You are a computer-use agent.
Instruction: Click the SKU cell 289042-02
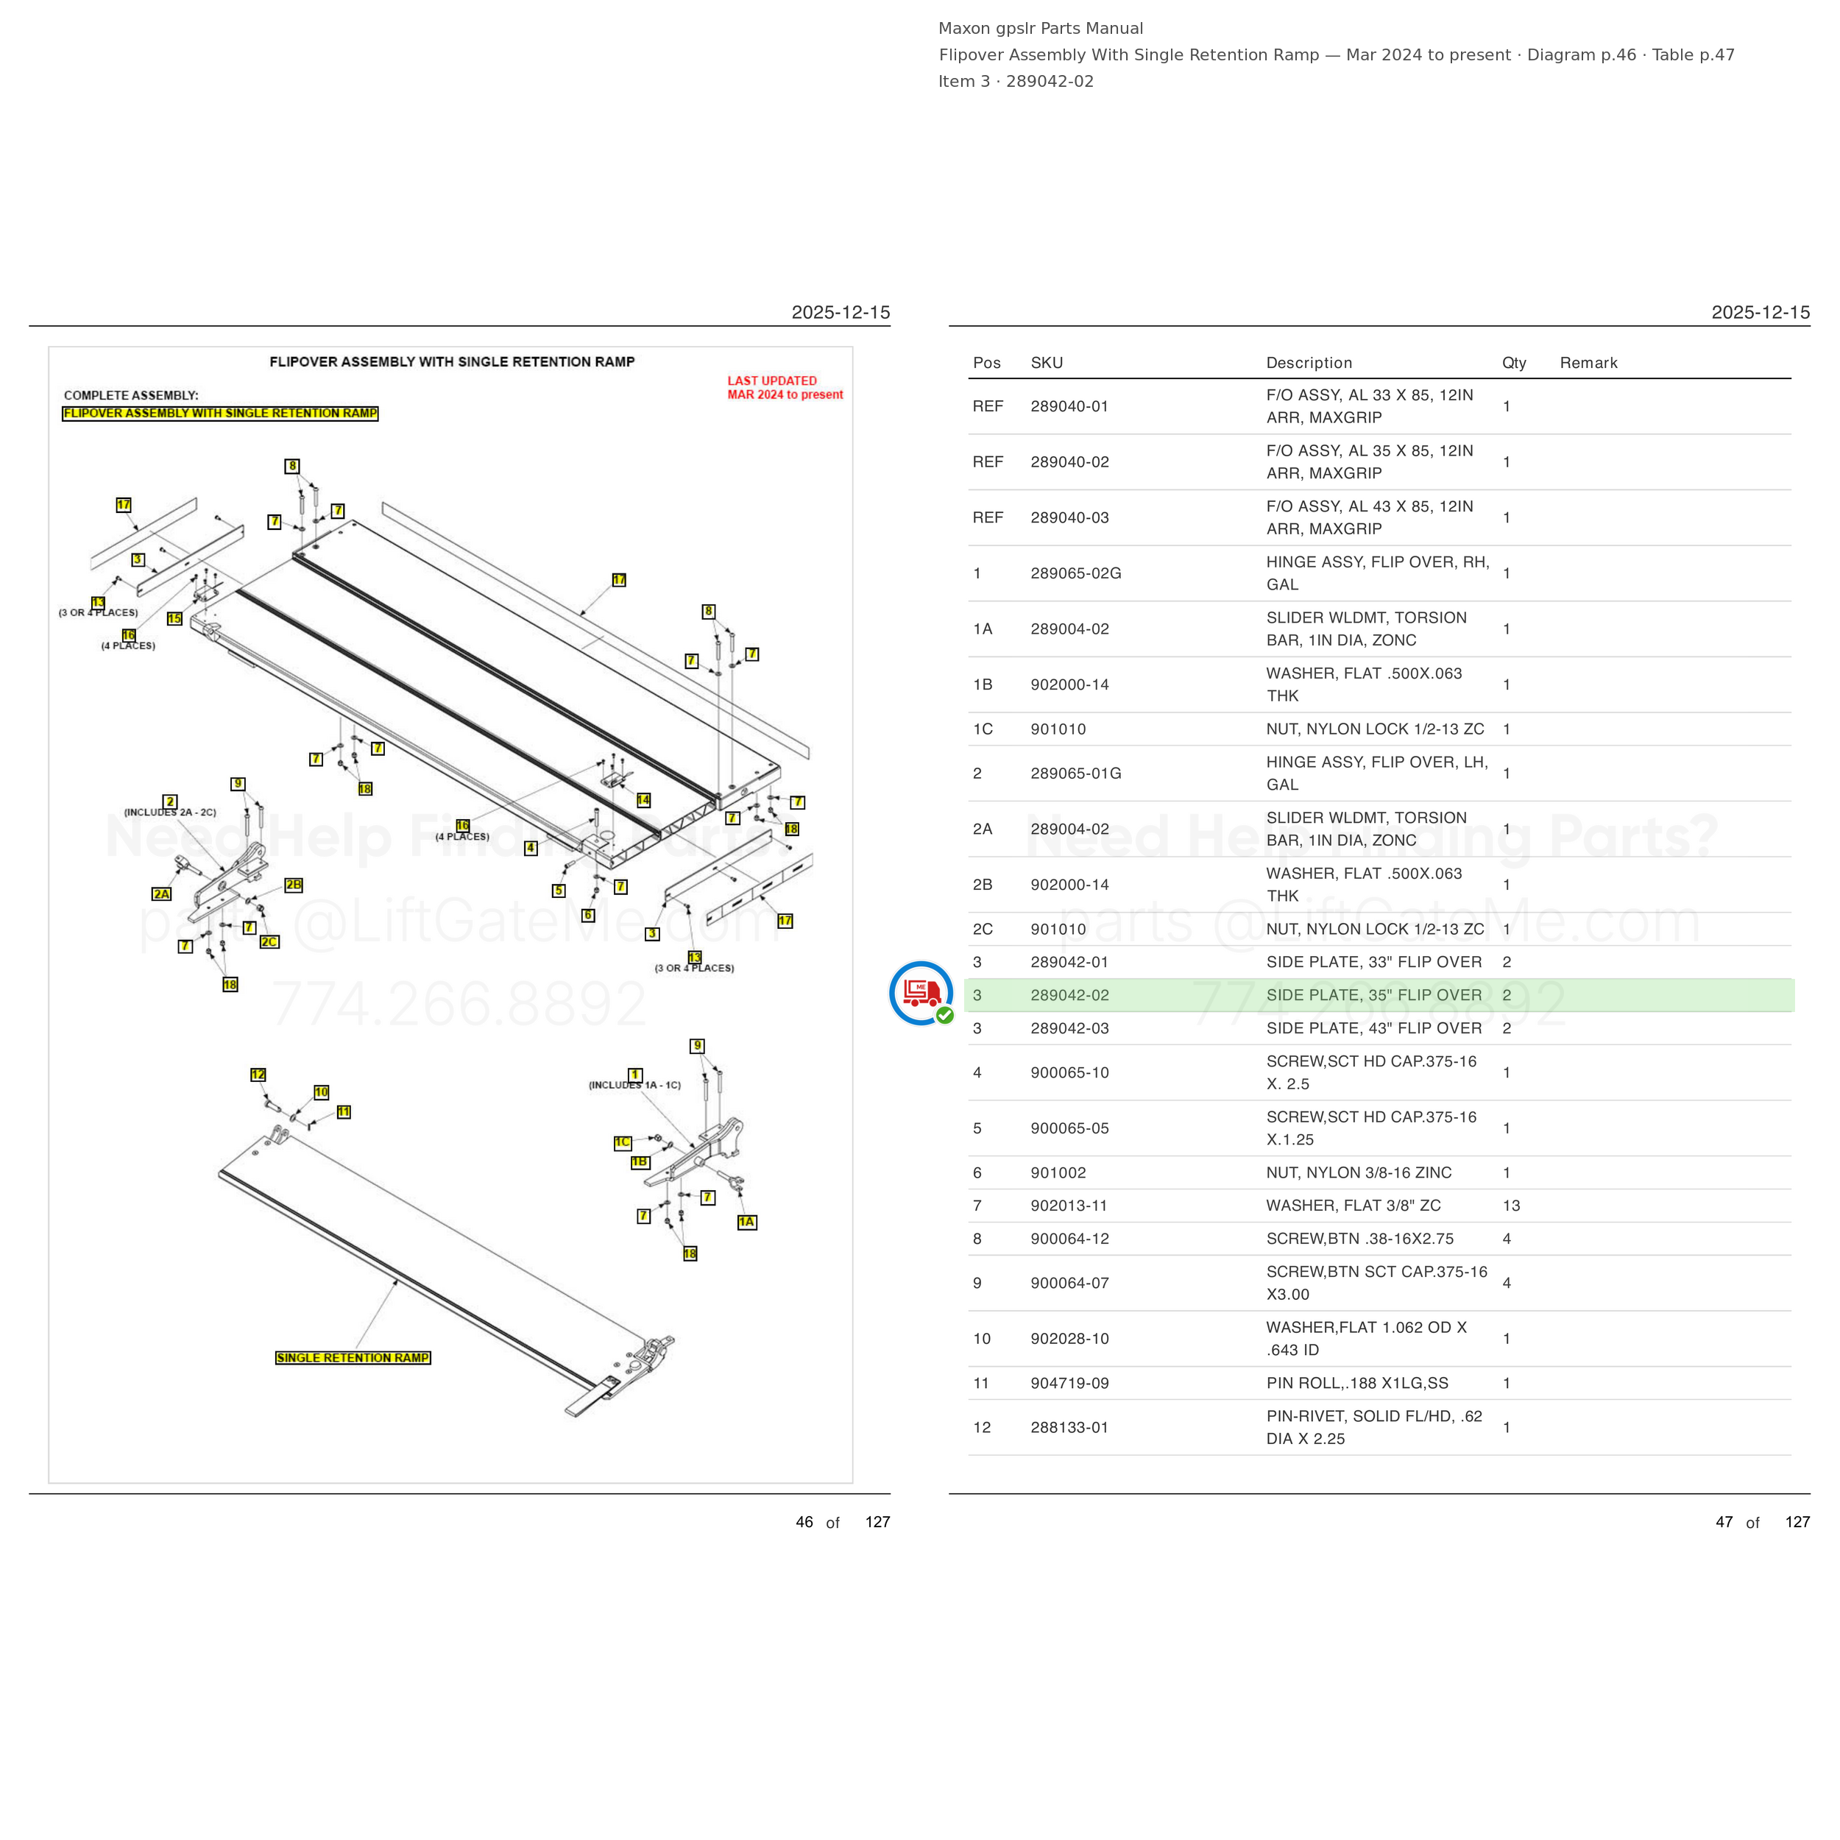[x=1069, y=995]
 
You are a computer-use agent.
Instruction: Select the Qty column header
[x=1514, y=363]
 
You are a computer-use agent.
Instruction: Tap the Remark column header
[x=1588, y=363]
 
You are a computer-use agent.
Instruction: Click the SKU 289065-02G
[x=1076, y=573]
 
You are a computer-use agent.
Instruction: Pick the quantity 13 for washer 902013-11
[x=1512, y=1206]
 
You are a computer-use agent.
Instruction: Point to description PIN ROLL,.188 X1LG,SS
[x=1357, y=1383]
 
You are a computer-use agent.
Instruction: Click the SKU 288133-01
[x=1069, y=1428]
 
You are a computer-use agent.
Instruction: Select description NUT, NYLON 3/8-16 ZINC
[x=1359, y=1172]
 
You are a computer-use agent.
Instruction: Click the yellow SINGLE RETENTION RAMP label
[x=353, y=1357]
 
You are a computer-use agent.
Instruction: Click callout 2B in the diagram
[x=294, y=885]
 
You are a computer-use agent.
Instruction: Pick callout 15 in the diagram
[x=174, y=618]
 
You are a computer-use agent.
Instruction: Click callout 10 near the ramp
[x=322, y=1092]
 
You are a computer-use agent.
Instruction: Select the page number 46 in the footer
[x=804, y=1522]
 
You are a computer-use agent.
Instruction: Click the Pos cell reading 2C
[x=983, y=930]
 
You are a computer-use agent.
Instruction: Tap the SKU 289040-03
[x=1069, y=518]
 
